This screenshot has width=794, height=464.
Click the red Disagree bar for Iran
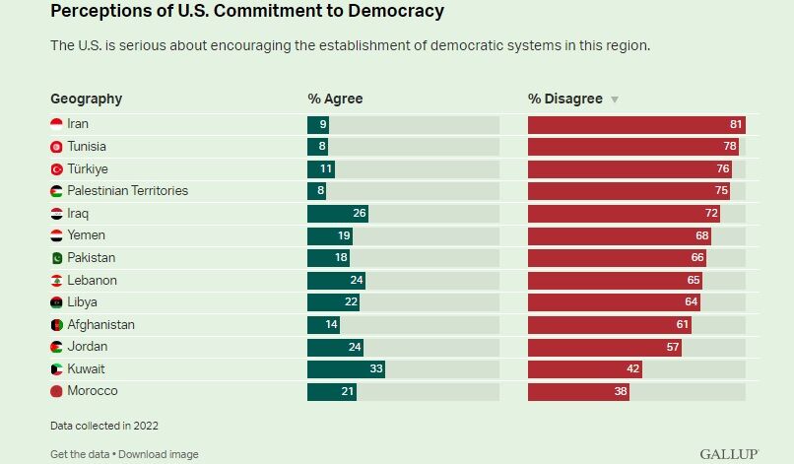636,125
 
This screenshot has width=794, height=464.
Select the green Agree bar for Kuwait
346,369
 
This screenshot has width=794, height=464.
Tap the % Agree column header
335,99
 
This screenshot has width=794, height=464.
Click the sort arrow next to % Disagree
615,99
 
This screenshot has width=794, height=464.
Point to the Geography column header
87,99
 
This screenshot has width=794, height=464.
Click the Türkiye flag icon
57,169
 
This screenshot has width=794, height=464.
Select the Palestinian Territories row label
127,191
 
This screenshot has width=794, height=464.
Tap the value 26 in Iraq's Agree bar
360,214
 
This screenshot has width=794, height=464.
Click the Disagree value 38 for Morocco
621,392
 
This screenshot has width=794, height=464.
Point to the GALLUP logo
729,454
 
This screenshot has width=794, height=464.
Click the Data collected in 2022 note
104,426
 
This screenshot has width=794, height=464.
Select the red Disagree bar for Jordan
604,347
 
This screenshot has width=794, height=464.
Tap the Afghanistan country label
100,325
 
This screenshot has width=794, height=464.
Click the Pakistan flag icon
57,258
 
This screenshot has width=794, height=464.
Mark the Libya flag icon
57,302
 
